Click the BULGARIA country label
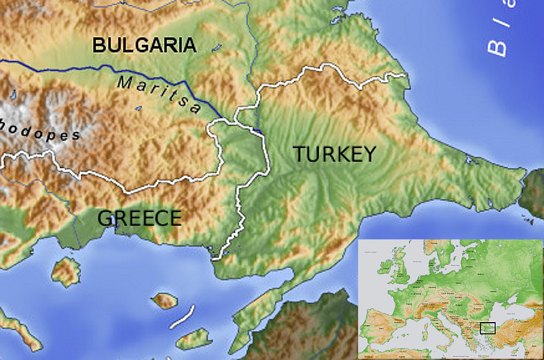(x=144, y=45)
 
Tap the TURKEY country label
(x=334, y=154)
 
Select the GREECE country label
(x=140, y=218)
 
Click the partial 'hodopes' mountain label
(x=40, y=131)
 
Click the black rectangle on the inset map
(x=487, y=328)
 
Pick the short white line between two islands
(x=183, y=316)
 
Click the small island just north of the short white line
(x=165, y=302)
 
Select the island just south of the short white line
(x=194, y=339)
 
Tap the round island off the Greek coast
(x=65, y=272)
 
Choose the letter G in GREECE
(x=106, y=218)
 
